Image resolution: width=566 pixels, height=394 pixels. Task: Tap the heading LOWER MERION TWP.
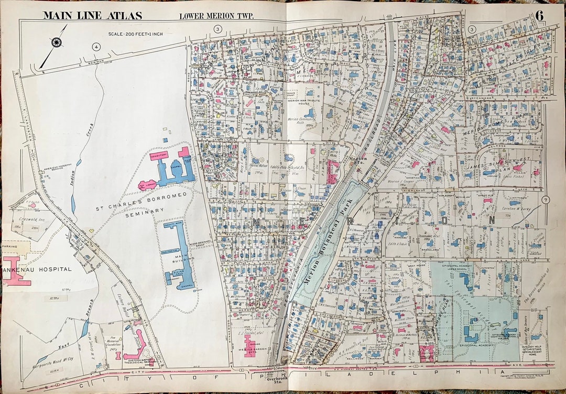[x=216, y=16]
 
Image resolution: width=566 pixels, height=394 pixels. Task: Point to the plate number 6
[x=539, y=15]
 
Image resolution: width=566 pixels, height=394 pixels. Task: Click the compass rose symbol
[x=57, y=41]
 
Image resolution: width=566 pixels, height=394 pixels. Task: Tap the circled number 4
[x=95, y=47]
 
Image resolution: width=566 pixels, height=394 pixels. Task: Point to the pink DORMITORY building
[x=159, y=156]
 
